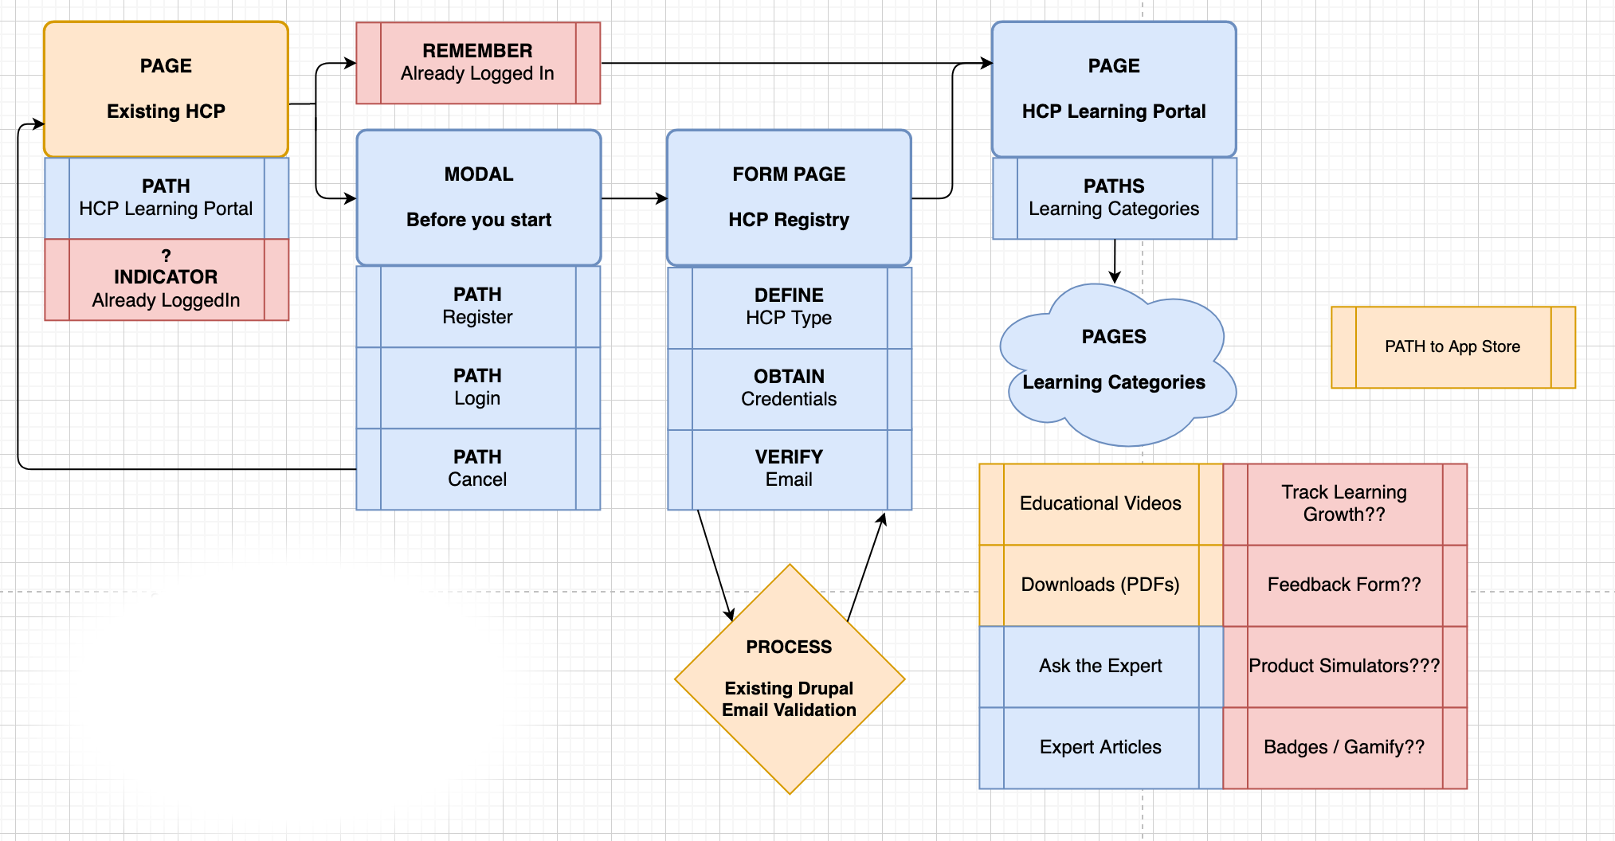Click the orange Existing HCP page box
[166, 89]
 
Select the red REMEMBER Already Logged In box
[478, 63]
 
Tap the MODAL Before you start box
[478, 198]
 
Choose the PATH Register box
[478, 307]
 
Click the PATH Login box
[478, 388]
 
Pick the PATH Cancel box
[478, 469]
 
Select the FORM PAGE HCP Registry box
[789, 198]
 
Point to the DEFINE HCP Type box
[789, 307]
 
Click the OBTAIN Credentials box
[789, 389]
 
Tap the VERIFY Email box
[789, 469]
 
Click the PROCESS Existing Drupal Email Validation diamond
[789, 679]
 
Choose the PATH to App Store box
[1452, 347]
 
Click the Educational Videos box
[1100, 504]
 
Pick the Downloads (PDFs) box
[1100, 585]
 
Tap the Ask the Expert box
[1100, 667]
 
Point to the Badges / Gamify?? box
[1344, 748]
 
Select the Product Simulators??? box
[1344, 667]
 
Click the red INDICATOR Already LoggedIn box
[166, 280]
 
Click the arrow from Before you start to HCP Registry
[633, 198]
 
